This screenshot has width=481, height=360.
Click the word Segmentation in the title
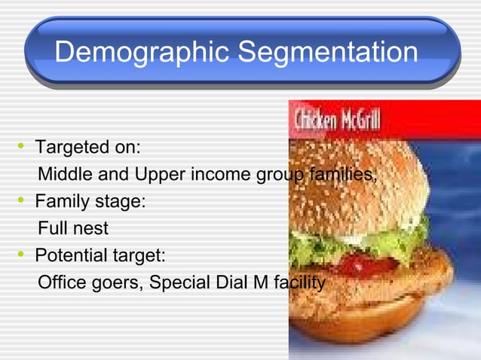click(326, 53)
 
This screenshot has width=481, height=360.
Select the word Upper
click(161, 175)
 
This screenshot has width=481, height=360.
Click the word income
click(224, 175)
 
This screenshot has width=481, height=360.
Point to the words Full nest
click(73, 228)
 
